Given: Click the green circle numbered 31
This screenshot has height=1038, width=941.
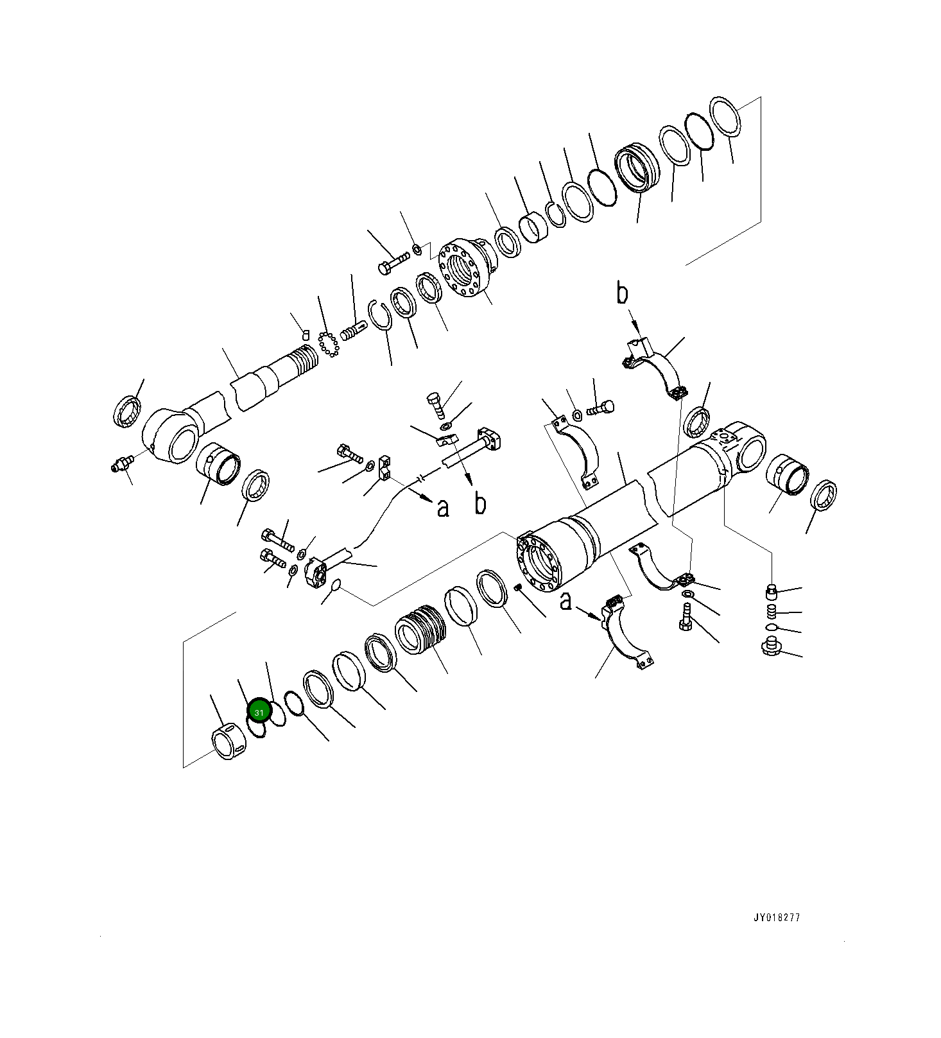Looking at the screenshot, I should (259, 712).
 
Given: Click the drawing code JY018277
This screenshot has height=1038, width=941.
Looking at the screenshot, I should (777, 917).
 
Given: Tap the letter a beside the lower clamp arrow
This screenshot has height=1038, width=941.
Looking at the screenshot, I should (565, 601).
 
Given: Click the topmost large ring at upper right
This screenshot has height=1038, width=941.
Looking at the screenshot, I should (725, 116).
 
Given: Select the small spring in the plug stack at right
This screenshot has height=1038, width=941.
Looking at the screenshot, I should (773, 611).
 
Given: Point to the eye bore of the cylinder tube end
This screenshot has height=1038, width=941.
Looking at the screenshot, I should (750, 452).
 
